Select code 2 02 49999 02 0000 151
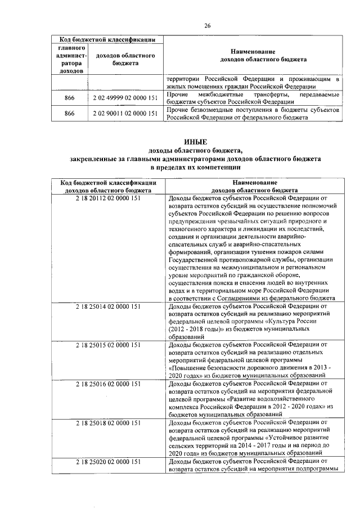[124, 99]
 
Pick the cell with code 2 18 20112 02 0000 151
[107, 198]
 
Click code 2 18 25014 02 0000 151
[107, 306]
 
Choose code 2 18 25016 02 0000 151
[107, 384]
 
